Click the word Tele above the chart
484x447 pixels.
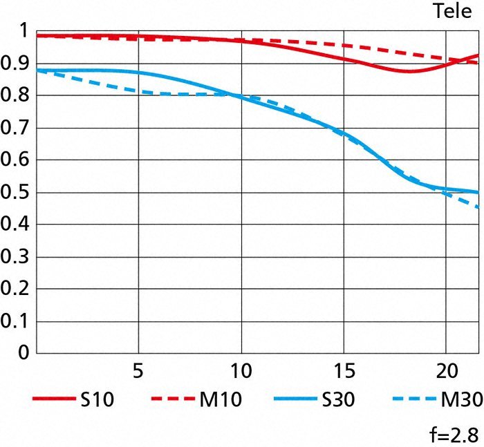(x=452, y=11)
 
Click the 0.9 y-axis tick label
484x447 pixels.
(x=15, y=64)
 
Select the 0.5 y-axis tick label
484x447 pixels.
(x=15, y=193)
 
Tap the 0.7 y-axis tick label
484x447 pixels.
(x=15, y=129)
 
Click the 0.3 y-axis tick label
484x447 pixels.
(x=15, y=257)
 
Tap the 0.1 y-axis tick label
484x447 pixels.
(x=15, y=321)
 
